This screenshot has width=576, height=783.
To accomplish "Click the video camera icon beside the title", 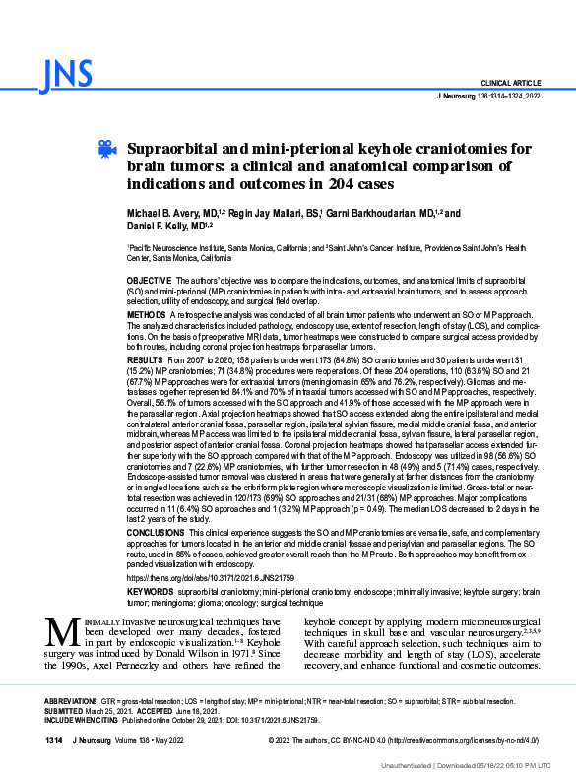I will tap(106, 148).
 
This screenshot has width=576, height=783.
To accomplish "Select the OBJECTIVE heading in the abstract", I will tap(148, 282).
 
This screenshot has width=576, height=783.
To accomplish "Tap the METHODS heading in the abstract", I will tap(147, 314).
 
